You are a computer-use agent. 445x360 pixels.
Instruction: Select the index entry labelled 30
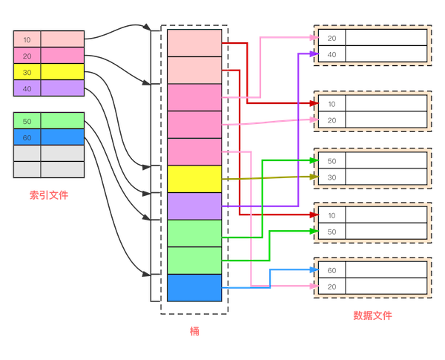tap(27, 71)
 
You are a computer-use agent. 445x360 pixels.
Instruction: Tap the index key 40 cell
tap(27, 88)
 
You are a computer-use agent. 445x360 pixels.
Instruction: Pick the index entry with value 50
tap(27, 120)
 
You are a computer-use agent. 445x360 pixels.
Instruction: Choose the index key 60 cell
tap(27, 137)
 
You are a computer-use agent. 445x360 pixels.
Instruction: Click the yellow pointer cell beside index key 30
tap(62, 71)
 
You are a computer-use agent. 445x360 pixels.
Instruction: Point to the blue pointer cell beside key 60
tap(62, 137)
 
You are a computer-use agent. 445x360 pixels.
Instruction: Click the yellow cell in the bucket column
tap(194, 179)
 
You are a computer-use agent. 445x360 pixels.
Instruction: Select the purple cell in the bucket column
tap(194, 206)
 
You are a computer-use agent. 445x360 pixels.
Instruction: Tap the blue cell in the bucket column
tap(194, 287)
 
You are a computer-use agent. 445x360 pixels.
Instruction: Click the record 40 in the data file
tap(332, 54)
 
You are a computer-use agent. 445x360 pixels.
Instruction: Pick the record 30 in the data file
tap(332, 177)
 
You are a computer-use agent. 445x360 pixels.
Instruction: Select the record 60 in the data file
tap(332, 270)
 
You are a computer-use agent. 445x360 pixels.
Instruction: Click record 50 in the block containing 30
tap(332, 161)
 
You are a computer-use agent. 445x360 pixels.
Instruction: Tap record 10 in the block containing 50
tap(332, 215)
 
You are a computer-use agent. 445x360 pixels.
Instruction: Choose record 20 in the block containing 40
tap(332, 38)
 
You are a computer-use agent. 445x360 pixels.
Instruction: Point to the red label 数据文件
tap(372, 316)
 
